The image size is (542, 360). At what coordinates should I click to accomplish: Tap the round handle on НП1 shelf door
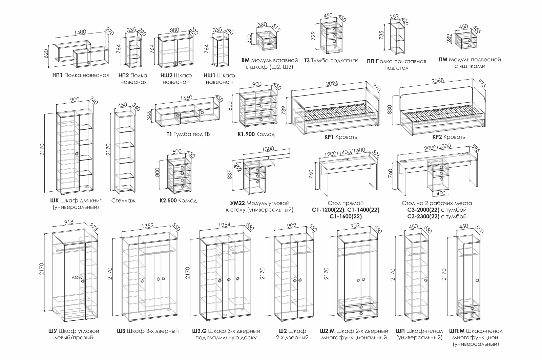pos(88,63)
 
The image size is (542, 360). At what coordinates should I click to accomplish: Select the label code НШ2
pos(166,75)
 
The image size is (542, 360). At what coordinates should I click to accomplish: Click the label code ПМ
pos(443,60)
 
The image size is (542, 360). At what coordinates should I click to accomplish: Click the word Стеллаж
pos(123,200)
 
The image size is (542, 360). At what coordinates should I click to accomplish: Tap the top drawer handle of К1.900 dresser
pos(261,100)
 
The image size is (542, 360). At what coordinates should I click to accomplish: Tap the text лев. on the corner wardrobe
pos(77,277)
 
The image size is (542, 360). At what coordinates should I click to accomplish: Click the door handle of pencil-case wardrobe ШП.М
pos(477,280)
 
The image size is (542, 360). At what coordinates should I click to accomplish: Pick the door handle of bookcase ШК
pos(77,154)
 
